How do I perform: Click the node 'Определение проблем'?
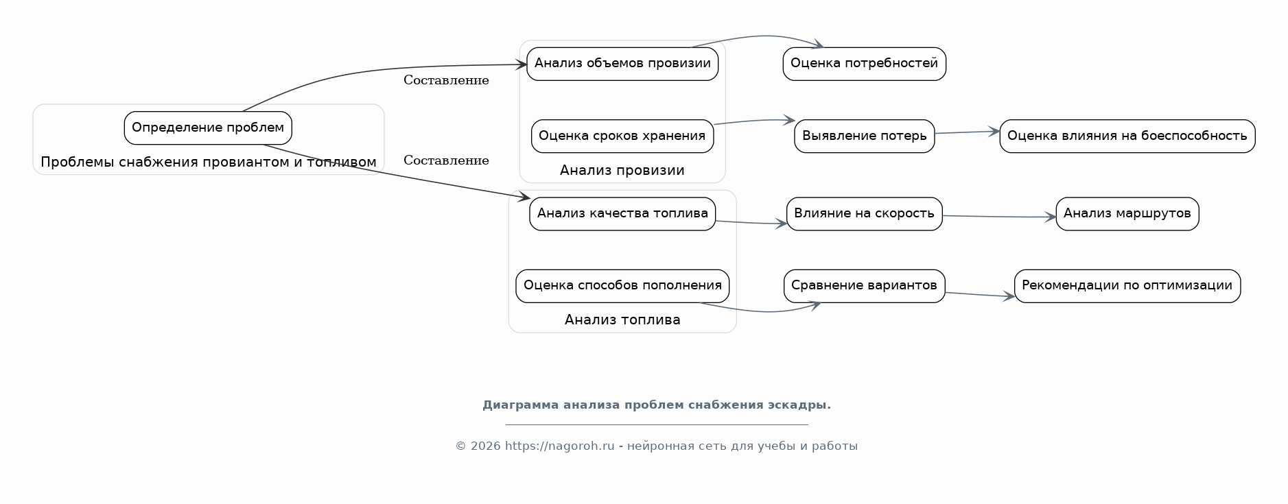pyautogui.click(x=208, y=128)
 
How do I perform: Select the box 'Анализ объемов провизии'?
pyautogui.click(x=622, y=64)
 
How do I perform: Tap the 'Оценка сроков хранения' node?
pyautogui.click(x=622, y=136)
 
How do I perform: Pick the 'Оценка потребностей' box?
pyautogui.click(x=864, y=64)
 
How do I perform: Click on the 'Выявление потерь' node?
pyautogui.click(x=864, y=136)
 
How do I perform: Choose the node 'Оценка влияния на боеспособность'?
pyautogui.click(x=1127, y=136)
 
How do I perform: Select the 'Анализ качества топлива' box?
pyautogui.click(x=622, y=214)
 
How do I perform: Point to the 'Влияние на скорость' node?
pyautogui.click(x=864, y=214)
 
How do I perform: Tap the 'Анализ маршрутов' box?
pyautogui.click(x=1127, y=214)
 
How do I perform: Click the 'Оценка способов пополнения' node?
pyautogui.click(x=622, y=286)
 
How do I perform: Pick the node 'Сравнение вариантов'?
pyautogui.click(x=864, y=286)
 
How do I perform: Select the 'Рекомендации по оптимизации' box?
pyautogui.click(x=1127, y=286)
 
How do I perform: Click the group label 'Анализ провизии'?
pyautogui.click(x=622, y=171)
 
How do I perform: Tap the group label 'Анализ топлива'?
pyautogui.click(x=622, y=320)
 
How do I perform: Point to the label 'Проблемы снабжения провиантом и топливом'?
pyautogui.click(x=209, y=163)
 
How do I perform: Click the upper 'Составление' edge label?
pyautogui.click(x=446, y=80)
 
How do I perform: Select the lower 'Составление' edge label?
pyautogui.click(x=446, y=160)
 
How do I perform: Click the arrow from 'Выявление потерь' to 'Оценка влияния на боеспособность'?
pyautogui.click(x=967, y=132)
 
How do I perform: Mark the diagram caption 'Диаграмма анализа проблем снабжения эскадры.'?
pyautogui.click(x=657, y=405)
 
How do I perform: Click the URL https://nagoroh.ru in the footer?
pyautogui.click(x=559, y=446)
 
